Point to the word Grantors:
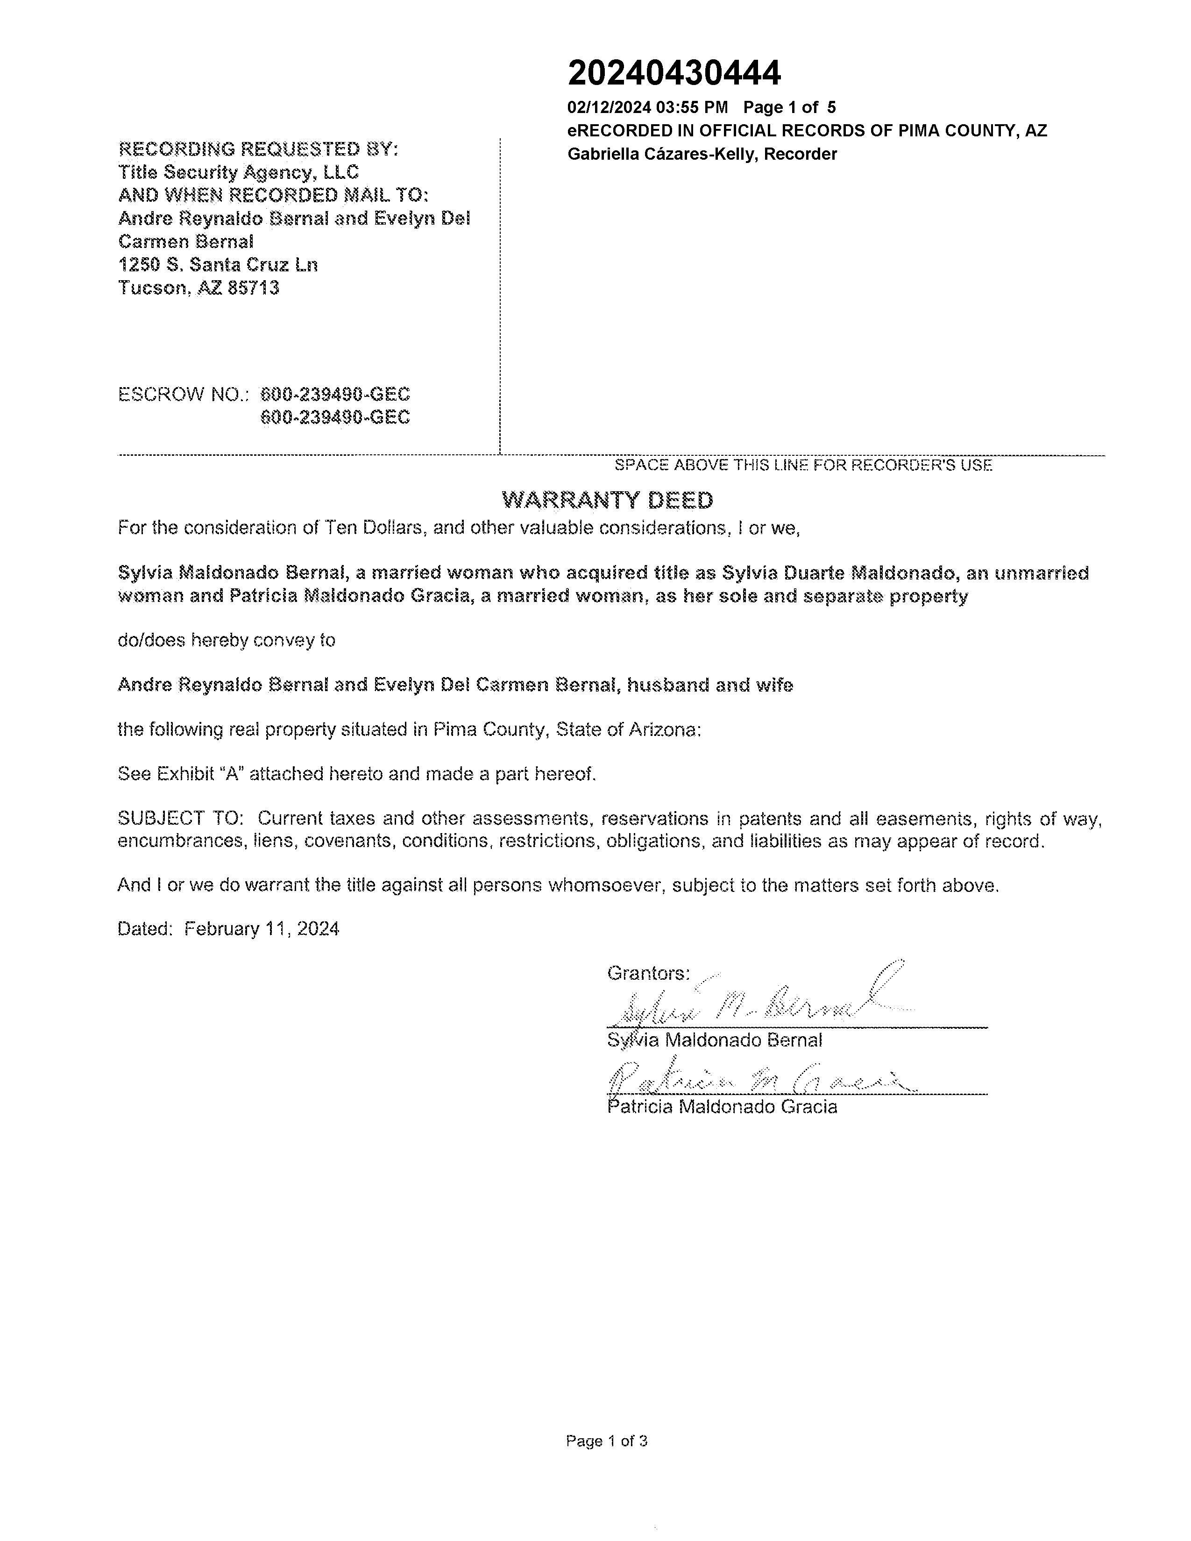tap(648, 974)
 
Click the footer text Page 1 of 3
tap(606, 1441)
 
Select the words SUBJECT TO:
tap(181, 819)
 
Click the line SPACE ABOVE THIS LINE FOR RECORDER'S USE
tap(803, 466)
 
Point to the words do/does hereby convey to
tap(226, 641)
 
